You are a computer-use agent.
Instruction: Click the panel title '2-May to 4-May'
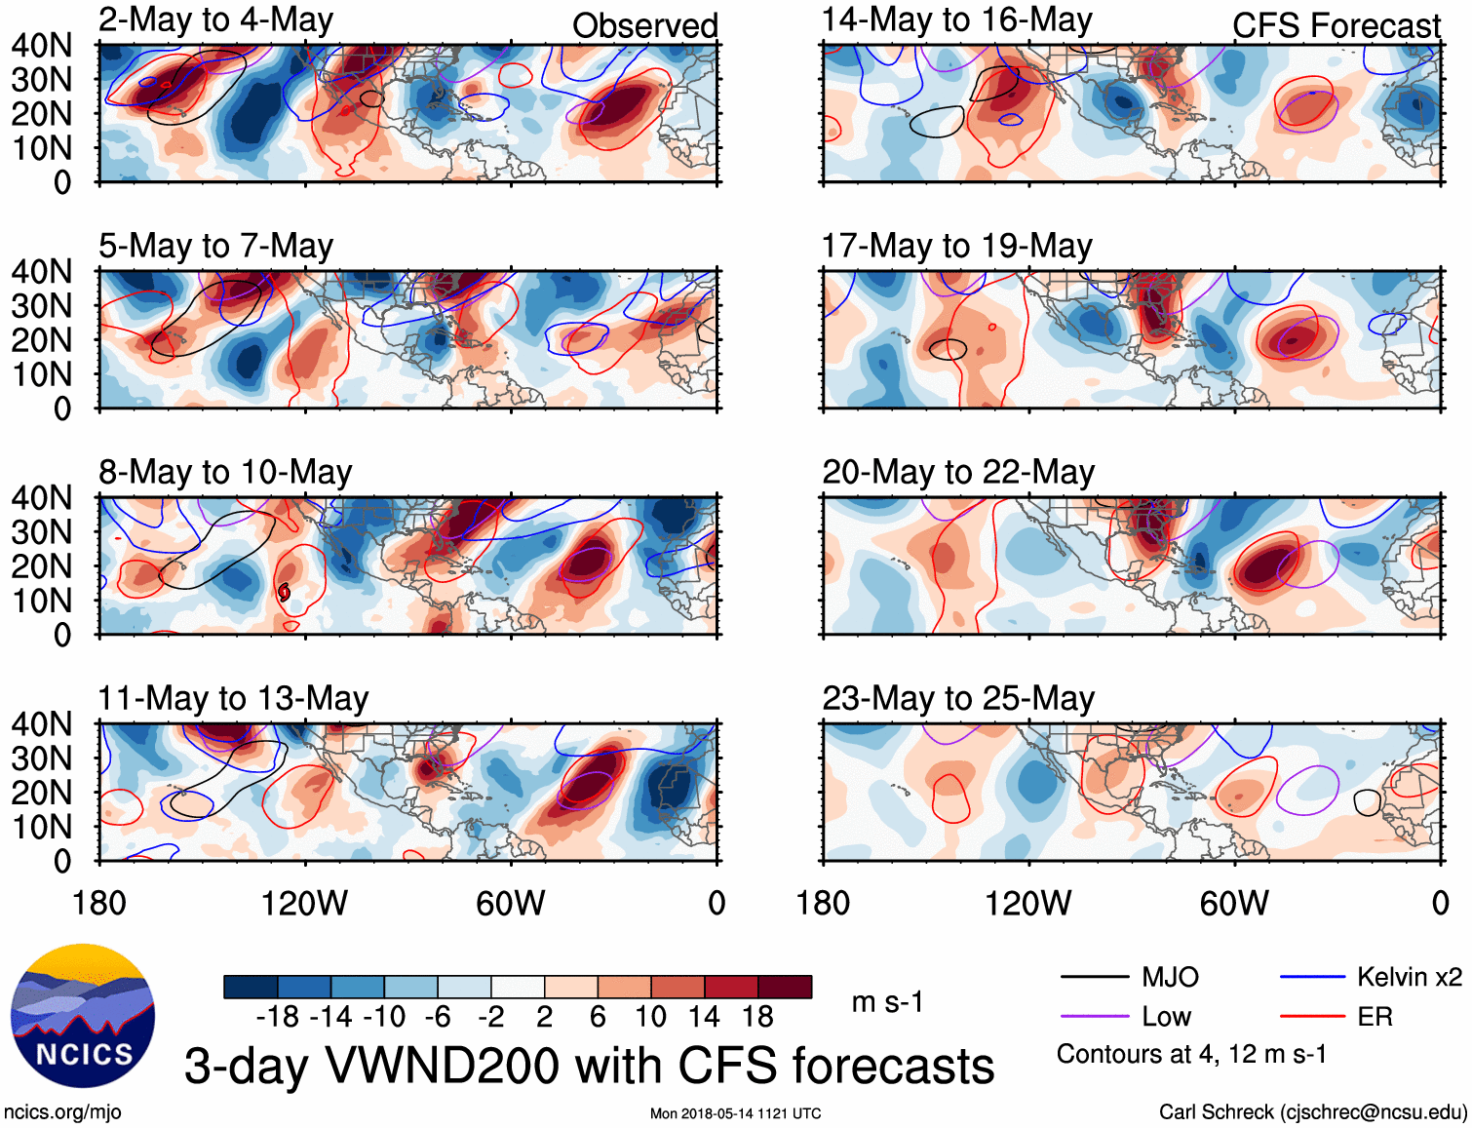click(x=215, y=20)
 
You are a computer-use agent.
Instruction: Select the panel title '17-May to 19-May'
click(x=956, y=246)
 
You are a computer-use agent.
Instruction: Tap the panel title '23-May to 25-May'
click(x=958, y=698)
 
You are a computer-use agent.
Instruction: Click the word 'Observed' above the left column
click(x=644, y=25)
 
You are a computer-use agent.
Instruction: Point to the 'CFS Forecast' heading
click(x=1336, y=25)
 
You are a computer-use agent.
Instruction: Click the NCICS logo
click(x=83, y=1016)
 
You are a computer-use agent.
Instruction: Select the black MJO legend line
click(x=1094, y=977)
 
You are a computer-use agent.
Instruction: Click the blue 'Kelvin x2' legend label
click(x=1409, y=977)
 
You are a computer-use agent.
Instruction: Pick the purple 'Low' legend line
click(x=1094, y=1017)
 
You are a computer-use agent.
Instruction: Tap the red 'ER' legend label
click(x=1375, y=1017)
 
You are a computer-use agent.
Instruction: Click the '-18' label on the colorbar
click(x=278, y=1017)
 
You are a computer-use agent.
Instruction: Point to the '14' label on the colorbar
click(x=704, y=1017)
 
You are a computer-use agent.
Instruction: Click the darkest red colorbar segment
click(x=785, y=987)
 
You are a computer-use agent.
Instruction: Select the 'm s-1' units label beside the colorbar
click(x=886, y=1002)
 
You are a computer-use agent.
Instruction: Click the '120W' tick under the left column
click(x=304, y=903)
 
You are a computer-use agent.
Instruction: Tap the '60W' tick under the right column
click(x=1234, y=903)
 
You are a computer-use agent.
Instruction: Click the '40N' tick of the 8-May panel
click(x=41, y=498)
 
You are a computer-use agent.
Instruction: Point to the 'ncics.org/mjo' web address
click(x=62, y=1111)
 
